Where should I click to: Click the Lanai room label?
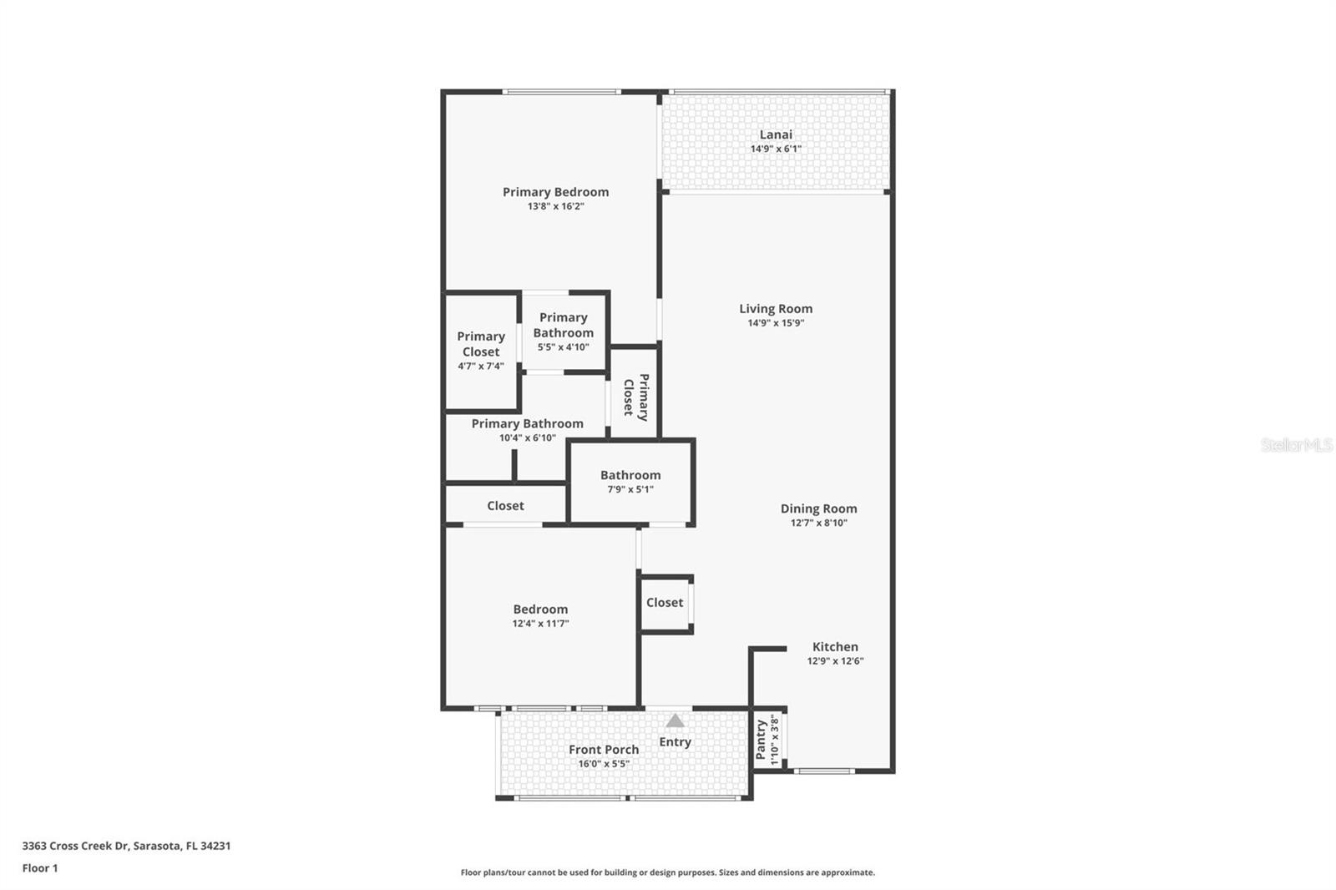click(x=776, y=134)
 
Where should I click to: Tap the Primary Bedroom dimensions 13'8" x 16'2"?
click(x=555, y=206)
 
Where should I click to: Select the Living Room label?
click(x=776, y=309)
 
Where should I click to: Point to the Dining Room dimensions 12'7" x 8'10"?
click(x=818, y=523)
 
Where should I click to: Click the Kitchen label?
click(x=835, y=647)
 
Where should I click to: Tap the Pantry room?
click(x=767, y=740)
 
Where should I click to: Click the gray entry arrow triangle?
click(x=675, y=721)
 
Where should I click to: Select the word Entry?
click(x=675, y=742)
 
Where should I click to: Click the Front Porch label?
click(x=604, y=750)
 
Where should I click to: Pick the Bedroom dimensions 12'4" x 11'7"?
click(x=540, y=624)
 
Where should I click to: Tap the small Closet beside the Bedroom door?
click(x=665, y=603)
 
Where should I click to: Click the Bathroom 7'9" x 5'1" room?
click(x=630, y=482)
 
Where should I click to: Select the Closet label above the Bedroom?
click(x=505, y=506)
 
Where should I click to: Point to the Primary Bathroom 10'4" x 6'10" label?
click(x=527, y=424)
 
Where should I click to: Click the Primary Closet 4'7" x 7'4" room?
click(x=481, y=351)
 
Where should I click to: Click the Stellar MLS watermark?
click(x=1296, y=445)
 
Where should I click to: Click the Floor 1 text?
click(x=40, y=868)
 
